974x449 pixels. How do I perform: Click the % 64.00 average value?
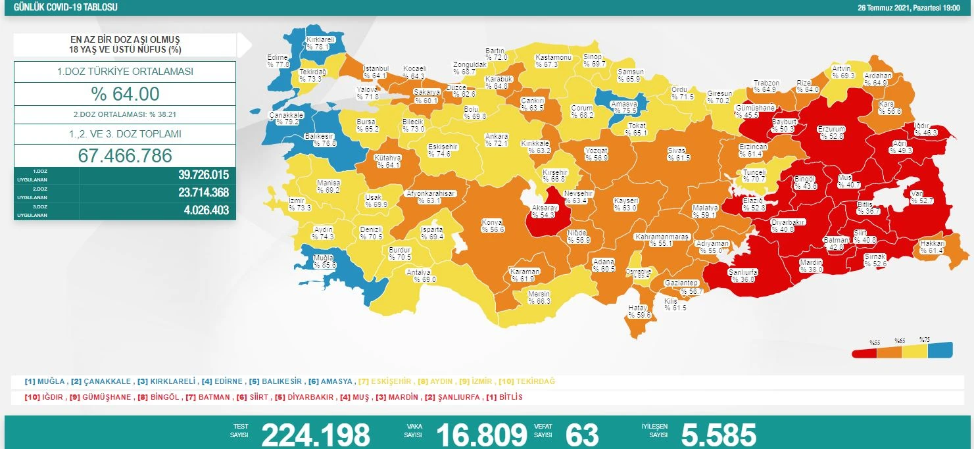coord(125,94)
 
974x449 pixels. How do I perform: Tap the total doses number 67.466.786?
coord(125,156)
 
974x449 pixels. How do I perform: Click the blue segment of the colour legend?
coord(940,351)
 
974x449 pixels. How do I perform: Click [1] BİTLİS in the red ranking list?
coord(503,398)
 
